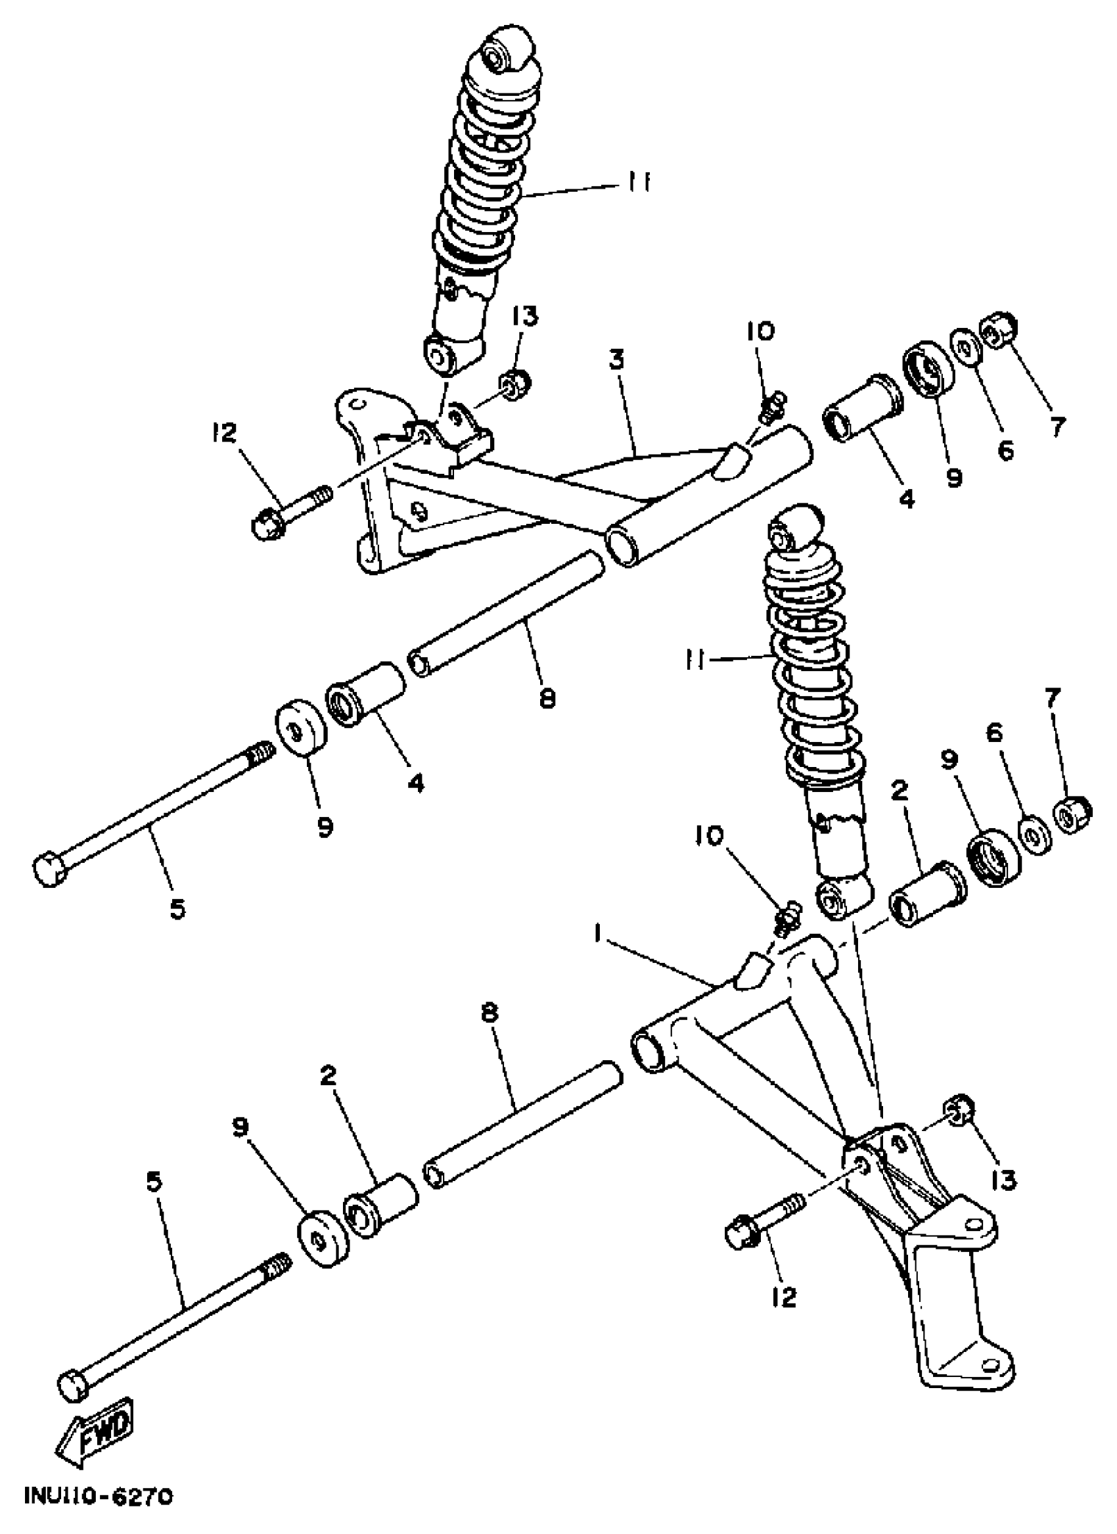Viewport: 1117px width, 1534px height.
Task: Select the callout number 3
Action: pos(615,360)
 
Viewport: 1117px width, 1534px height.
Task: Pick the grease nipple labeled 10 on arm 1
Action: pos(786,919)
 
